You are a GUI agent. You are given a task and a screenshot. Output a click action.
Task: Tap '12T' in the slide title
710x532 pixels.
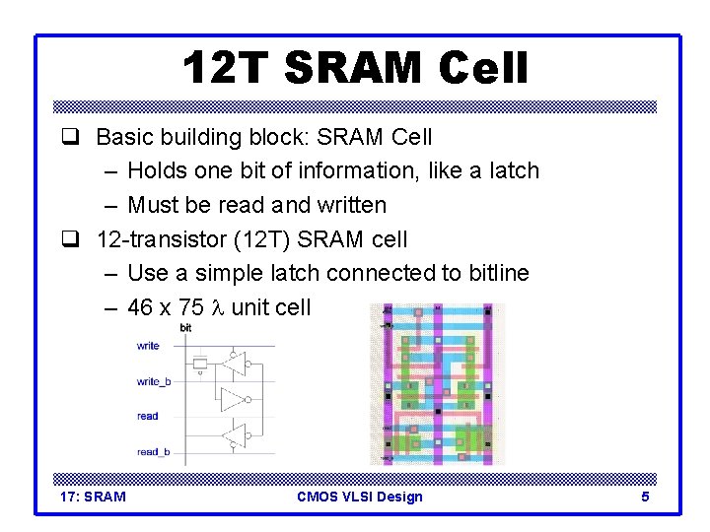226,70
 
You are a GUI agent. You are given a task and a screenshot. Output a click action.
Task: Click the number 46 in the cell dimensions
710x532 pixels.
141,307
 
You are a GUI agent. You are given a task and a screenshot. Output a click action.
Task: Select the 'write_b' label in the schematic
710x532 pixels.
153,380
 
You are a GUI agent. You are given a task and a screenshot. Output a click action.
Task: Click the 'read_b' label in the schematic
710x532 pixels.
153,451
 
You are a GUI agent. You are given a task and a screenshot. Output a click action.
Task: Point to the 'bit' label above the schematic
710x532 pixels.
185,327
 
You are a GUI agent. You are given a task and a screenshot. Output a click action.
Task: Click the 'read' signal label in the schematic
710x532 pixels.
148,416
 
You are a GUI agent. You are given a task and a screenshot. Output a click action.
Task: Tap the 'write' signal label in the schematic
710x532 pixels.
148,346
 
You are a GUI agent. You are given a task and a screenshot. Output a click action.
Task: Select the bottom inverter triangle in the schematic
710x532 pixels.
234,434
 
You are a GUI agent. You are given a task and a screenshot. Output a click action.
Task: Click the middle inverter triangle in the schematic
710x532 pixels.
234,400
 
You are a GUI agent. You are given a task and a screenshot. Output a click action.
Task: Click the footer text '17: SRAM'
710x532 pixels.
94,497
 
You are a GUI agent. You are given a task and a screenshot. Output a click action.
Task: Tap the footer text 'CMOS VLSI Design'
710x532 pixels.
359,497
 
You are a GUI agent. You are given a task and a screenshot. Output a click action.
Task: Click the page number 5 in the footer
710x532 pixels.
645,497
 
